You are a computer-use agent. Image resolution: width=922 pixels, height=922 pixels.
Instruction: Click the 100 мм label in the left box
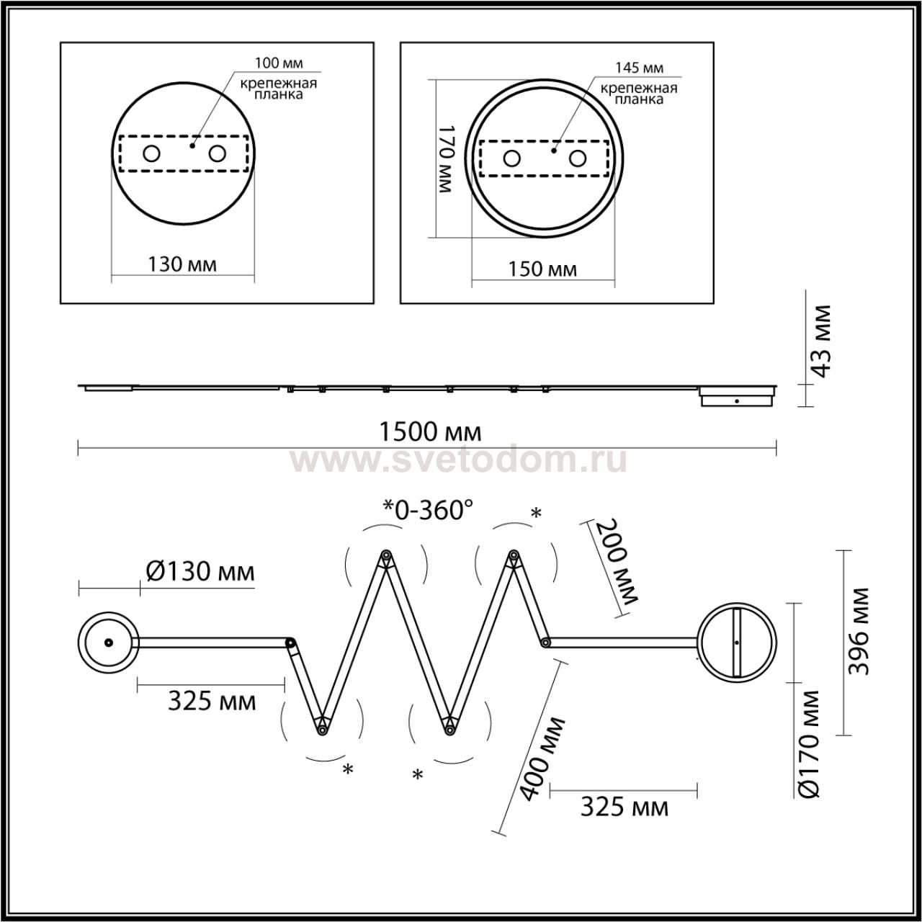[279, 63]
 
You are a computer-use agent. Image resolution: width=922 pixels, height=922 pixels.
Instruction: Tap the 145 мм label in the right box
[639, 68]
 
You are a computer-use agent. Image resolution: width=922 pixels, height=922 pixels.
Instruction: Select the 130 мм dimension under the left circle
[182, 264]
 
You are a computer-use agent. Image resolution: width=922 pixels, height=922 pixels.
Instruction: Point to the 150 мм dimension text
[542, 269]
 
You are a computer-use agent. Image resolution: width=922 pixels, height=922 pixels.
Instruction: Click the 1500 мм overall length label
[430, 432]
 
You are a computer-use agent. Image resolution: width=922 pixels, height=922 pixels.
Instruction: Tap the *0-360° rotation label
[428, 510]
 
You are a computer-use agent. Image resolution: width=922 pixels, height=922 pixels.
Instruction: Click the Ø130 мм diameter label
[200, 571]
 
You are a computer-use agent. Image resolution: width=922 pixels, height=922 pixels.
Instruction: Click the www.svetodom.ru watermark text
[459, 460]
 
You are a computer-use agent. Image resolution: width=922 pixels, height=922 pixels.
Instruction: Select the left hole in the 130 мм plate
[152, 154]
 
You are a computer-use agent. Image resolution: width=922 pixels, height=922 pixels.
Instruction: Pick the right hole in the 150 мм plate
[578, 158]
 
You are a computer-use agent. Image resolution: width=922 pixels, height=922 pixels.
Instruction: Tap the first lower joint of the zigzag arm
[322, 743]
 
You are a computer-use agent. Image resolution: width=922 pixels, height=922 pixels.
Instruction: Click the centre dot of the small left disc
[109, 643]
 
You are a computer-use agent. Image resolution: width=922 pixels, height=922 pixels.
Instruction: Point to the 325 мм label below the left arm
[212, 702]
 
